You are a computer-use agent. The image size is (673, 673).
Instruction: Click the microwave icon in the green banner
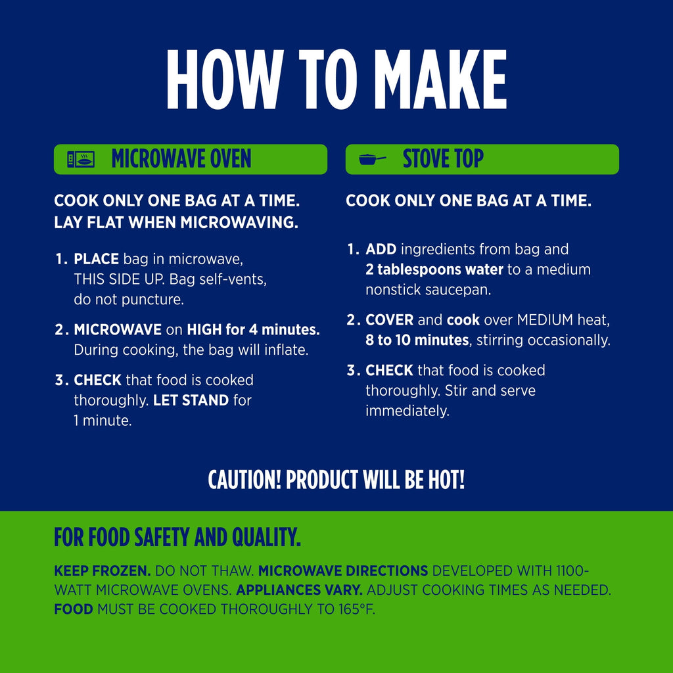click(x=81, y=159)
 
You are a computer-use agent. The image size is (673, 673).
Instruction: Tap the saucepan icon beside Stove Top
click(x=372, y=160)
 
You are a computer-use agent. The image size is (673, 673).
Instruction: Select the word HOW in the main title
click(x=225, y=80)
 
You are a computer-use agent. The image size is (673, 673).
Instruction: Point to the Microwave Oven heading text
click(x=181, y=159)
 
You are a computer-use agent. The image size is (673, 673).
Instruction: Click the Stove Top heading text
click(x=443, y=159)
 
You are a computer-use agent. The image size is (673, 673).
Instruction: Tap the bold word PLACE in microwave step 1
click(x=96, y=259)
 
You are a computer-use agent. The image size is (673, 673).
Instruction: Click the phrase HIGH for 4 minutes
click(x=253, y=329)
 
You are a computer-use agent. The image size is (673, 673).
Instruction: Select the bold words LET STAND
click(x=191, y=400)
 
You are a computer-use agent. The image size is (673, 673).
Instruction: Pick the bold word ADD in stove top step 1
click(x=381, y=249)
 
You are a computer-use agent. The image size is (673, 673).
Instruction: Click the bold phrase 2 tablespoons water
click(x=434, y=269)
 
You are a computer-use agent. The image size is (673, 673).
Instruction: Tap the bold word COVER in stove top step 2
click(x=389, y=320)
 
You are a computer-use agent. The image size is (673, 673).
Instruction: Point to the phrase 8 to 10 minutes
click(x=417, y=340)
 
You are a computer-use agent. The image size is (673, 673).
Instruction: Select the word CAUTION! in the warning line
click(x=244, y=479)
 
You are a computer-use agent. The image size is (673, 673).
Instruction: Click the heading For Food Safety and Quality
click(x=177, y=537)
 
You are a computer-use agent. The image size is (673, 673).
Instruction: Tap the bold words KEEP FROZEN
click(x=102, y=571)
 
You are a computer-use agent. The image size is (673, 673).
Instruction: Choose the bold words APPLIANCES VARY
click(x=299, y=590)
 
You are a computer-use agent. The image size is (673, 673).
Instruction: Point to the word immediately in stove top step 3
click(x=407, y=411)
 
